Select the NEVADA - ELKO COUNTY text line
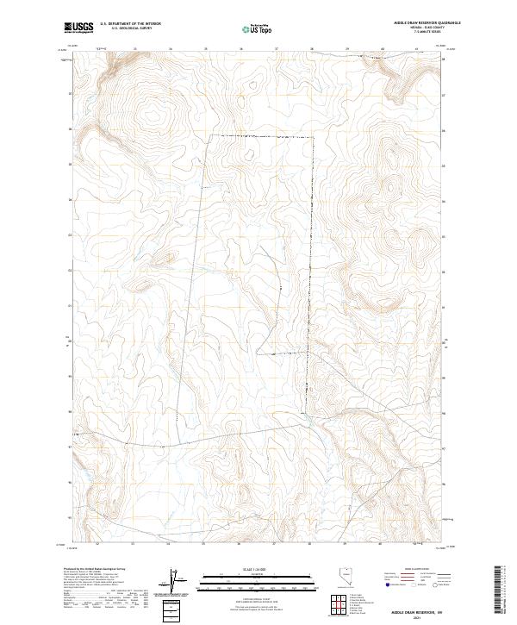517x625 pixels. tap(408, 28)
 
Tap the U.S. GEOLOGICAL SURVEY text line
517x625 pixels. tap(130, 29)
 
